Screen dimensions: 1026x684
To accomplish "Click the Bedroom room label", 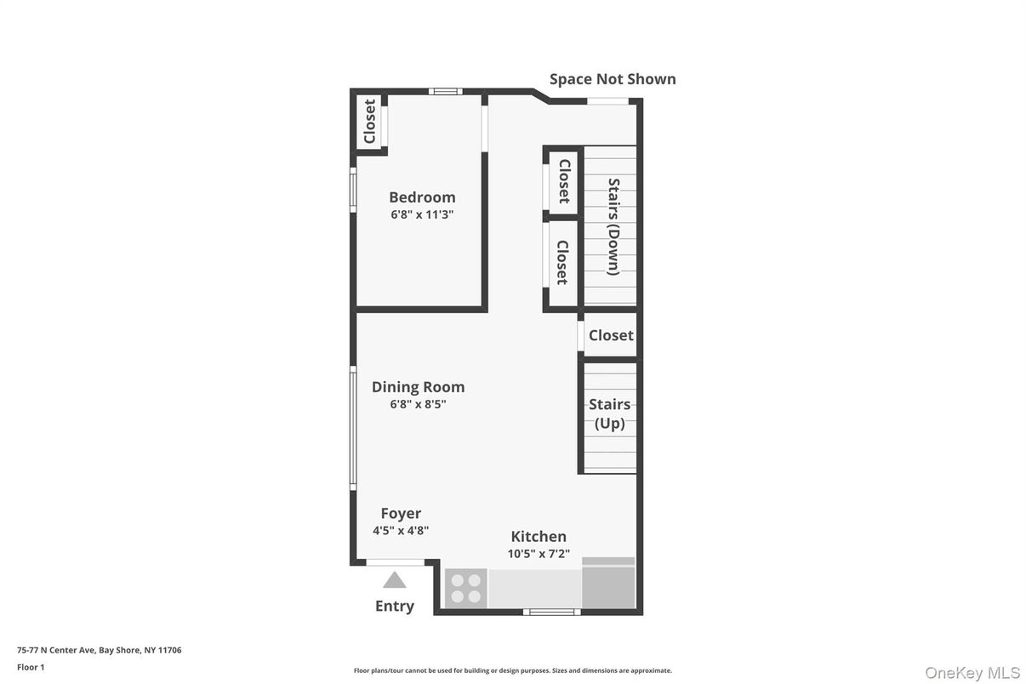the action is (422, 197).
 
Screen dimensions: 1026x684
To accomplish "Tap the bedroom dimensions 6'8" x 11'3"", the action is (422, 214).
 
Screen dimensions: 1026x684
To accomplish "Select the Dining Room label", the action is (418, 387).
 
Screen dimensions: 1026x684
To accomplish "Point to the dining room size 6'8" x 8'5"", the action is (418, 404).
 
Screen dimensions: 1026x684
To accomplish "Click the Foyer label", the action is (401, 514).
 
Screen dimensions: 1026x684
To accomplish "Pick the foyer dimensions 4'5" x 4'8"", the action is (401, 531).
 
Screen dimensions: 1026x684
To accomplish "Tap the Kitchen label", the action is (539, 537).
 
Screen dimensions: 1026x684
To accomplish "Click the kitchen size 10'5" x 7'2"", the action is (539, 554).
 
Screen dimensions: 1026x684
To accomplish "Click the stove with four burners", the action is (466, 588).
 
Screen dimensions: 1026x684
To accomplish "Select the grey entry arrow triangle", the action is (395, 580).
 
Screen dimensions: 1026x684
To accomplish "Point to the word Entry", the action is (395, 606).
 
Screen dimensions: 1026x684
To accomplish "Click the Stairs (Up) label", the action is (609, 413).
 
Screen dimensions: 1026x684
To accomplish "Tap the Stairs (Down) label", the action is (613, 227).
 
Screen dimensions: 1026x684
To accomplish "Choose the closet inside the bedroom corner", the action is (369, 122).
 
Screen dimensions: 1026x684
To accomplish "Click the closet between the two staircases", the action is (611, 335).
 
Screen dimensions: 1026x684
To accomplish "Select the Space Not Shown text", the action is (613, 79).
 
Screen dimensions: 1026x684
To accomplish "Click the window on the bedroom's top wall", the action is (445, 92).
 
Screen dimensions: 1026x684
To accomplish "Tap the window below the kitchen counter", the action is (552, 612).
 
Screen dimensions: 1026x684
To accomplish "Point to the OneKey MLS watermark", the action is (972, 673).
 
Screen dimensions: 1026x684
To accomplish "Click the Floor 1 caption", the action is (31, 667).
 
